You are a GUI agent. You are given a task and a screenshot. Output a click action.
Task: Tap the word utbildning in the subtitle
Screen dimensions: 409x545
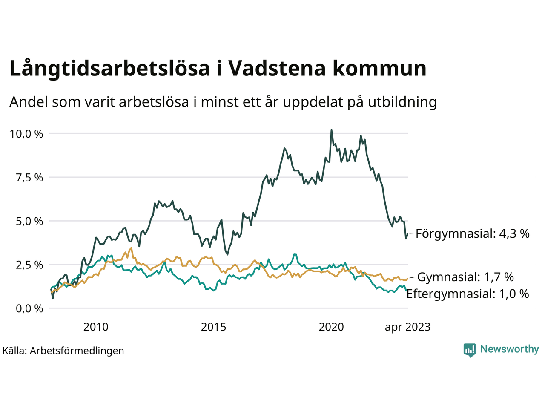(402, 102)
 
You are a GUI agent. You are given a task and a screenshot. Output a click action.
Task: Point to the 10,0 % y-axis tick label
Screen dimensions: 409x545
(26, 134)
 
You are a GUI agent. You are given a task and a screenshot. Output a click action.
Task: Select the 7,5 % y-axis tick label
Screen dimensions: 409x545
(29, 178)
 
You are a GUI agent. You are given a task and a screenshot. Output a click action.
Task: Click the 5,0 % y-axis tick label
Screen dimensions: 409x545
(29, 221)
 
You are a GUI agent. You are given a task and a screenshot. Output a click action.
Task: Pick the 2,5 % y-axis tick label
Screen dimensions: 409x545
(29, 265)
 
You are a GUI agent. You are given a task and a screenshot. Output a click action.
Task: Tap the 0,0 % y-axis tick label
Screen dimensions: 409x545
(29, 308)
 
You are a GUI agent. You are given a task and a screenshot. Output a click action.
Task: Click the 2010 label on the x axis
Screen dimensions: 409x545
(96, 327)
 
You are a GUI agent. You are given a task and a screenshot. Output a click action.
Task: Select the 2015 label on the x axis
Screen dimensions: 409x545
(214, 327)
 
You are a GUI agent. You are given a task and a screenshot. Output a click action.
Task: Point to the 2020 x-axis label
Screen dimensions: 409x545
(331, 327)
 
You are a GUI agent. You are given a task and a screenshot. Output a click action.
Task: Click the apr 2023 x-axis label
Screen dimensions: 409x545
(407, 327)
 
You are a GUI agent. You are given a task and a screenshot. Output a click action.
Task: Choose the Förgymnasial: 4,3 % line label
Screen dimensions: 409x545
(473, 233)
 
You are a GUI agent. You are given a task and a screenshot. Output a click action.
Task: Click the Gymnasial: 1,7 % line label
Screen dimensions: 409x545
(465, 277)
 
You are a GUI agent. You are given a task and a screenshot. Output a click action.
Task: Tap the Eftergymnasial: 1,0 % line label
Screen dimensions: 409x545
(468, 294)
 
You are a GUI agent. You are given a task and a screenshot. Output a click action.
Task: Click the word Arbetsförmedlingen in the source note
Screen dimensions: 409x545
(77, 351)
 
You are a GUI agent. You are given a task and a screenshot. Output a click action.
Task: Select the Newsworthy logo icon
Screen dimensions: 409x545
(470, 350)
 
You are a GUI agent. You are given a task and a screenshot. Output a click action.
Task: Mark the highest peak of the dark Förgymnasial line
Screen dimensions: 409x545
(331, 130)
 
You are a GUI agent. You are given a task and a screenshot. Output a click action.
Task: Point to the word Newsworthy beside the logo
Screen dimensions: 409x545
(509, 349)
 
